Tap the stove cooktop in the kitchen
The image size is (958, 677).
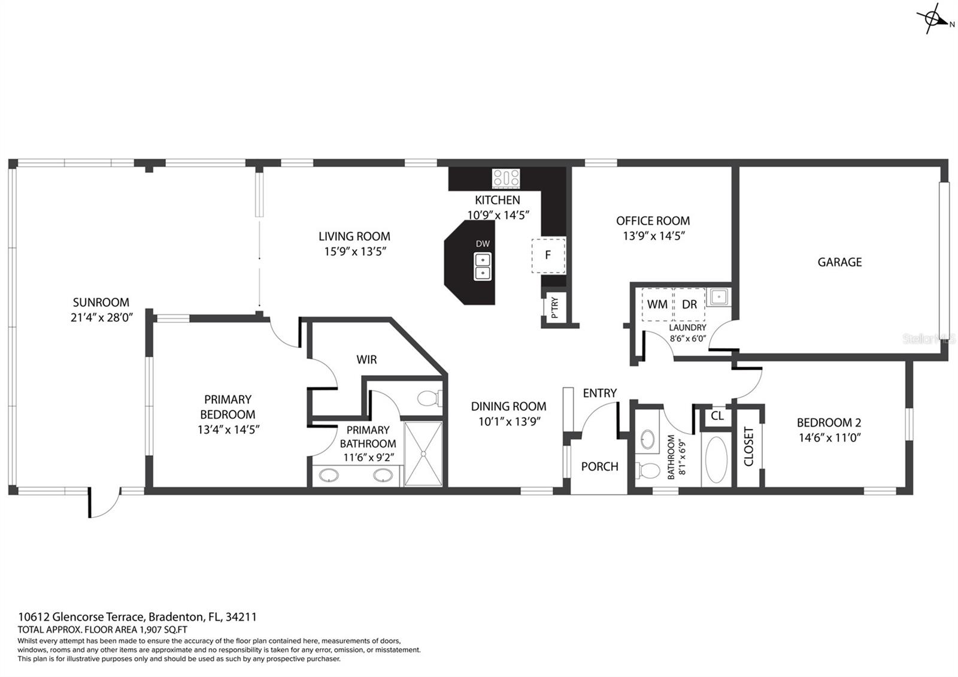coord(506,179)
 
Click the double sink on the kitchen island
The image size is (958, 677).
coord(483,266)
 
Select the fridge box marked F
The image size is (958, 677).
coord(548,255)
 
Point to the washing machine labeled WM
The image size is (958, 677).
coord(657,304)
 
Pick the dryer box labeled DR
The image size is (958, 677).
coord(689,304)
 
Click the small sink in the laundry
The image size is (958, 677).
coord(718,297)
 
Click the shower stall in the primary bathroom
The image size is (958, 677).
coord(423,454)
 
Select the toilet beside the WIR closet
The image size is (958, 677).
coord(429,398)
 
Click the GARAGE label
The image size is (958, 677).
coord(839,262)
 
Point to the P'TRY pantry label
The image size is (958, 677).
coord(554,307)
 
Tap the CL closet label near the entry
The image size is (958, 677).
coord(717,416)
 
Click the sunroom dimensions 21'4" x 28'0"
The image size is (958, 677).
coord(102,318)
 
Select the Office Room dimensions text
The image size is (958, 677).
coord(654,236)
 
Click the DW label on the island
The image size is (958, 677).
coord(483,244)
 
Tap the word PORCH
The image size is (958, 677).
coord(599,467)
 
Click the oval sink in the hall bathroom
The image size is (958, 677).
coord(647,439)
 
